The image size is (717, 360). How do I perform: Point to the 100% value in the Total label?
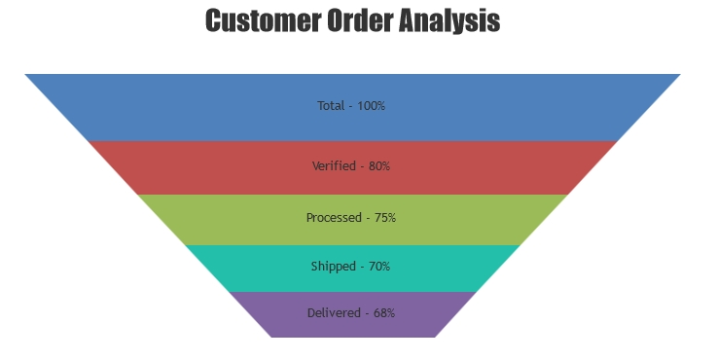point(371,105)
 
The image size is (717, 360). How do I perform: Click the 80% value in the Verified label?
point(378,166)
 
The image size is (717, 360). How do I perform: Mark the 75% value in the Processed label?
point(384,218)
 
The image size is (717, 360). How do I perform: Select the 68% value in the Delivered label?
point(383,313)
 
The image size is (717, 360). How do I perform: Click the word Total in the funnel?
point(331,105)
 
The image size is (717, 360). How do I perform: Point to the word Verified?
point(334,166)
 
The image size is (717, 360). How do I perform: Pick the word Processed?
point(334,218)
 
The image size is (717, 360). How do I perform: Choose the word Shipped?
point(333,267)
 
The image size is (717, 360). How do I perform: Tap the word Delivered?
point(334,313)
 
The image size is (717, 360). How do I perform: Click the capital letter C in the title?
point(214,20)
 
